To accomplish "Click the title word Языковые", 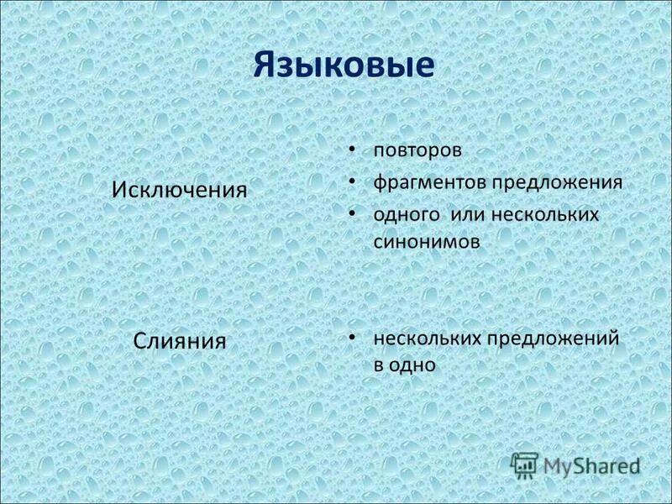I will click(x=344, y=66).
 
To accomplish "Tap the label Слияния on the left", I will click(x=180, y=341).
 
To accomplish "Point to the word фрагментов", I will click(x=430, y=183).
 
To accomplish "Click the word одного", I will click(x=405, y=214).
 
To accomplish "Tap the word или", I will click(x=467, y=214).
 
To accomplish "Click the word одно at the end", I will click(x=414, y=365).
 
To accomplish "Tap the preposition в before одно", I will click(x=379, y=365).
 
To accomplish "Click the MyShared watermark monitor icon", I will click(x=525, y=464).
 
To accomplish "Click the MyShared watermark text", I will click(x=591, y=465).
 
